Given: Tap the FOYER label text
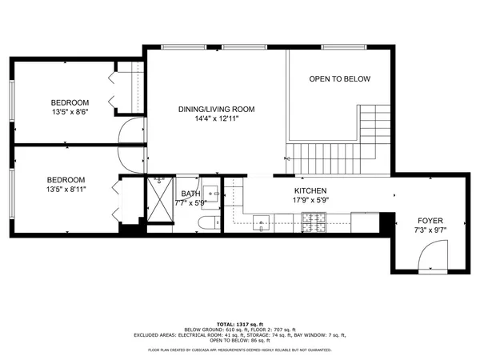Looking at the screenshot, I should click(x=430, y=221).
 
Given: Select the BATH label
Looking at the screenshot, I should click(x=190, y=194).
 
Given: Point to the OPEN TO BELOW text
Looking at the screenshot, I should click(x=340, y=78).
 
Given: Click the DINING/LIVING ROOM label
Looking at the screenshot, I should click(x=216, y=109).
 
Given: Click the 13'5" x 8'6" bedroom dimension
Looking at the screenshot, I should click(x=70, y=112).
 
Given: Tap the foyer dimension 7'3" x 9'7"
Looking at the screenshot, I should click(x=430, y=231).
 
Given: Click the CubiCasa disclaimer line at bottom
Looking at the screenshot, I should click(x=240, y=350).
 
